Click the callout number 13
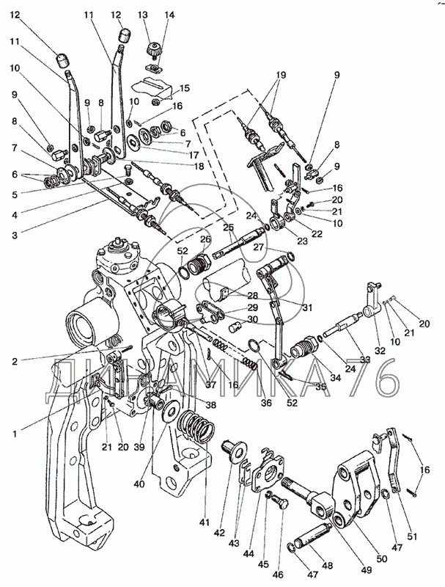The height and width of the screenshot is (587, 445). pyautogui.click(x=142, y=15)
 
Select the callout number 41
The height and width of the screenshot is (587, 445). pyautogui.click(x=205, y=522)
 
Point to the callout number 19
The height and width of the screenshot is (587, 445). pyautogui.click(x=281, y=75)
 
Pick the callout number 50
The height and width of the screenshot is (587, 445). pyautogui.click(x=382, y=559)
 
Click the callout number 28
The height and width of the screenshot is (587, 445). pyautogui.click(x=252, y=296)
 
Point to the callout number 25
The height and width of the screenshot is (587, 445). pyautogui.click(x=229, y=227)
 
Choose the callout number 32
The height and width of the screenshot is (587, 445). pyautogui.click(x=380, y=351)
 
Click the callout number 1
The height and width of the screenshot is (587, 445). pyautogui.click(x=15, y=434)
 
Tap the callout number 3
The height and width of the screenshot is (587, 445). pyautogui.click(x=14, y=236)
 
